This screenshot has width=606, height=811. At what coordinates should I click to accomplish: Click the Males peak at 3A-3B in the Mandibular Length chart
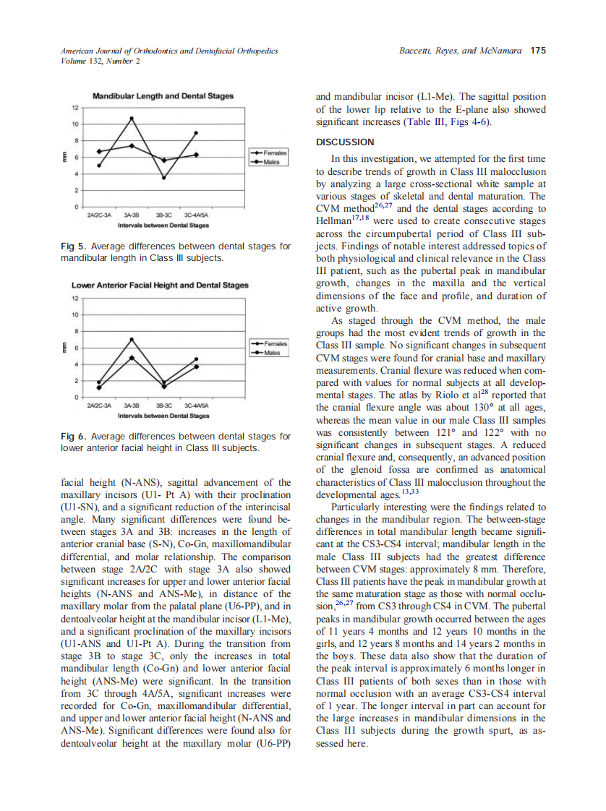click(x=132, y=119)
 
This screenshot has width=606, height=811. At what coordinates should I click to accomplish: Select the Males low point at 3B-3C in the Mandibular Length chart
click(x=163, y=178)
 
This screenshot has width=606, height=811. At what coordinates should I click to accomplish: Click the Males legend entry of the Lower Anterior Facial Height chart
click(x=272, y=353)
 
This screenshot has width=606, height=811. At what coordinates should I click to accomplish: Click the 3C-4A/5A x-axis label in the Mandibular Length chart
click(x=195, y=215)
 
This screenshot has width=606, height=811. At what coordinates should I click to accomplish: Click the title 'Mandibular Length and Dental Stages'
click(x=163, y=95)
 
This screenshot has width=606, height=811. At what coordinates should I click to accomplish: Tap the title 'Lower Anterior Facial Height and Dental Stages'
click(x=160, y=286)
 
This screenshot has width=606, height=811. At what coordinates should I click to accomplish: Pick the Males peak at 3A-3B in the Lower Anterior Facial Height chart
click(x=132, y=339)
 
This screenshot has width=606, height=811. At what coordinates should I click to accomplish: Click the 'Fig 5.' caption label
click(x=73, y=246)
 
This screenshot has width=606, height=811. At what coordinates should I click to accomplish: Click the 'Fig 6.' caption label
click(x=73, y=437)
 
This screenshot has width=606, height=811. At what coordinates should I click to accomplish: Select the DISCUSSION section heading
click(x=345, y=142)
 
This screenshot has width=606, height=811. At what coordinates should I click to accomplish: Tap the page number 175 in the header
click(x=537, y=51)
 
